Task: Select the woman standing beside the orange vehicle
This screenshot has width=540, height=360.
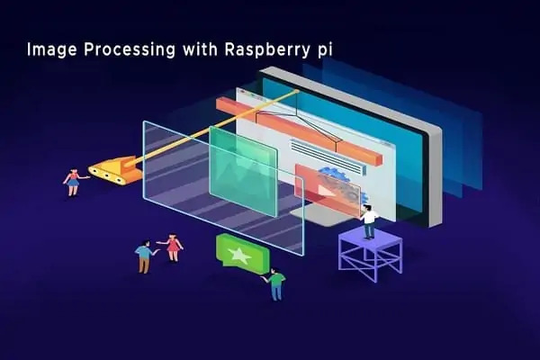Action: click(x=72, y=182)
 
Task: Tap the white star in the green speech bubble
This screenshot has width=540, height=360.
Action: click(x=239, y=255)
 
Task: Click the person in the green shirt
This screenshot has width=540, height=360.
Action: click(x=275, y=283)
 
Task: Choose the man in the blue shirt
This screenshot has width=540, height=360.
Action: click(x=143, y=256)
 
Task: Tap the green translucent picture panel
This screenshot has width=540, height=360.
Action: click(x=243, y=171)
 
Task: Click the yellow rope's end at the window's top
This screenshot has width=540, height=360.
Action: click(x=296, y=91)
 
